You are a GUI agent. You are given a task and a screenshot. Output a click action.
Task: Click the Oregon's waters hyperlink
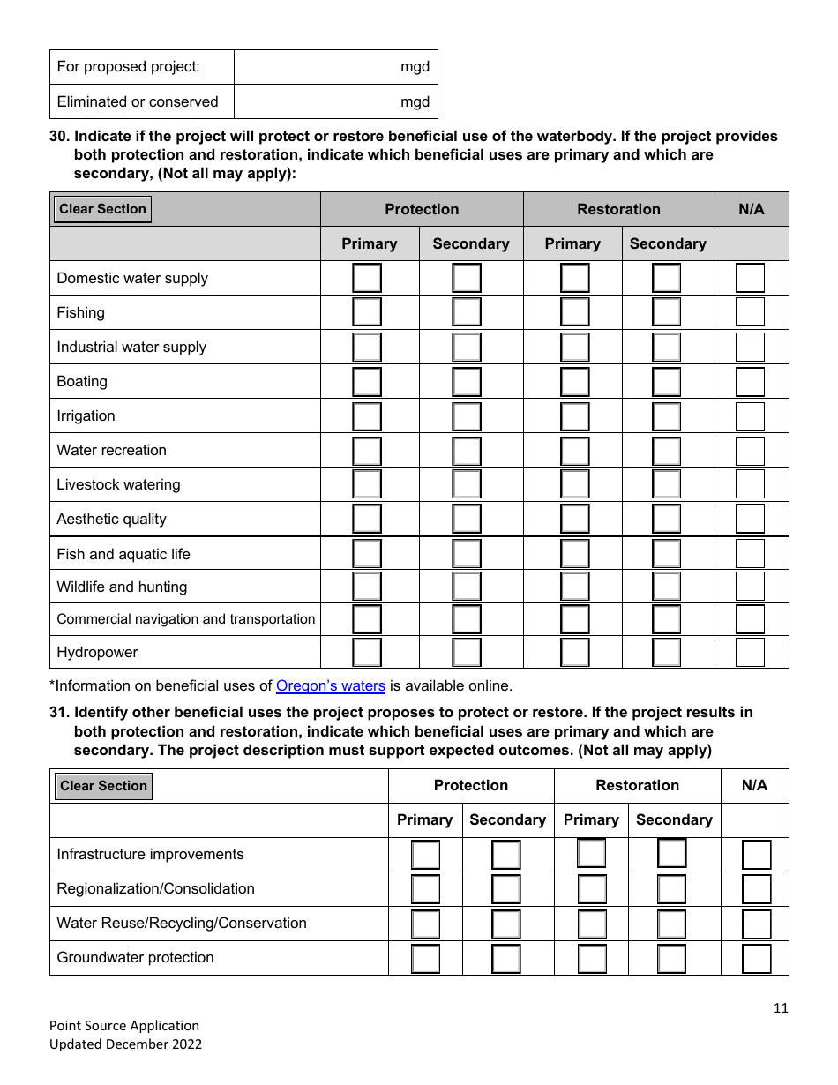[x=331, y=685]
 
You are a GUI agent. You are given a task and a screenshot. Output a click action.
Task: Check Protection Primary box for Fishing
[x=367, y=312]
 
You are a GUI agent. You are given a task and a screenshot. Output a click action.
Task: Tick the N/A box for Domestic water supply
[x=750, y=278]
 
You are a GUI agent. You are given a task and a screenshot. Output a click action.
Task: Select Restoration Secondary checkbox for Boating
[x=667, y=382]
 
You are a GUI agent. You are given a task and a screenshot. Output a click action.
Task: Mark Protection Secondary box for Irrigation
[x=467, y=416]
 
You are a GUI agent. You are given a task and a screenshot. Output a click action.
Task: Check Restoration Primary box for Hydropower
[x=574, y=653]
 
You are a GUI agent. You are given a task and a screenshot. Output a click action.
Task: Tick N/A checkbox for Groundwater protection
[x=756, y=958]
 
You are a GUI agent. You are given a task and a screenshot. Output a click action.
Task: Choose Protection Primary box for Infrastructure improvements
[x=425, y=855]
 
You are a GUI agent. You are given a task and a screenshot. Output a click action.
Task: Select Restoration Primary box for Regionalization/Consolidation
[x=592, y=889]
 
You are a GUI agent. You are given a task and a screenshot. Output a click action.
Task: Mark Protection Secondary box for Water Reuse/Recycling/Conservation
[x=505, y=924]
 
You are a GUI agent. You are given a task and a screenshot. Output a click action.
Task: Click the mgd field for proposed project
[x=335, y=67]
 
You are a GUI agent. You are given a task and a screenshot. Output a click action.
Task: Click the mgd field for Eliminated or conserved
[x=335, y=101]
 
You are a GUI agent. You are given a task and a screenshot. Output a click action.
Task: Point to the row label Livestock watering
[x=118, y=485]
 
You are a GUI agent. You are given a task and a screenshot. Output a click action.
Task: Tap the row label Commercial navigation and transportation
[x=185, y=619]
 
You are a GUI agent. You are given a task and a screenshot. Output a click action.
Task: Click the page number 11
[x=780, y=1008]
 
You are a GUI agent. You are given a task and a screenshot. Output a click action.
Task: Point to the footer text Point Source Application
[x=124, y=1025]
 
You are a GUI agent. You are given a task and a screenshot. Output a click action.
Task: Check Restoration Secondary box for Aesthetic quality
[x=667, y=520]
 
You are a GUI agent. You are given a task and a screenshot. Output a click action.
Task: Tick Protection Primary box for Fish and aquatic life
[x=367, y=554]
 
